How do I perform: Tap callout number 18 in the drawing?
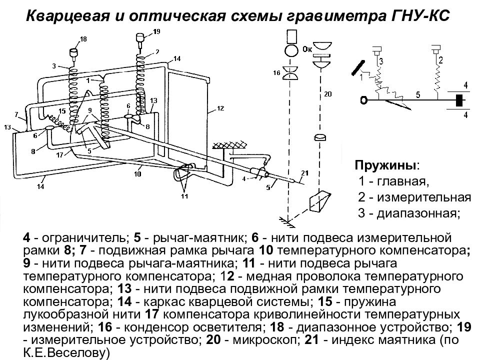click(83, 39)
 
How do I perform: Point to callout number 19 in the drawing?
click(156, 31)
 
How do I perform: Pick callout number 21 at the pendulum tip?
click(305, 173)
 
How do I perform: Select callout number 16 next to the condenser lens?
click(277, 73)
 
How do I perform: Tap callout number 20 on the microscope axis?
click(327, 93)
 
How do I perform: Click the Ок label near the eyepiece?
click(307, 49)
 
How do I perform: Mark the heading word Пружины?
click(387, 165)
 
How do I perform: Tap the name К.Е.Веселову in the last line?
click(65, 353)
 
